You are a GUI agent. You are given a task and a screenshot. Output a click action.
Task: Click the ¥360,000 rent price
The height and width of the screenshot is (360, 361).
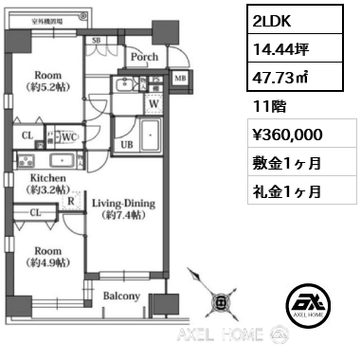pos(288,133)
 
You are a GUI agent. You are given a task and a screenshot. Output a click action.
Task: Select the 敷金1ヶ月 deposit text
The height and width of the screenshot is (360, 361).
pos(286,162)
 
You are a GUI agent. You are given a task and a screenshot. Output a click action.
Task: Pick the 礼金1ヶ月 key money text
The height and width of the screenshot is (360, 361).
pos(286,190)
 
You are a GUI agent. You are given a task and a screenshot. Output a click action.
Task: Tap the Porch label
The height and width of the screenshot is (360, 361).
pos(144,56)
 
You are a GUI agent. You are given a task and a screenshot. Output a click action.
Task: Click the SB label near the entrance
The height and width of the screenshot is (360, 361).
pos(97,42)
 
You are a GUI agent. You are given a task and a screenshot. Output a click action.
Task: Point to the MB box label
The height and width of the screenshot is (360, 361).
pos(180,79)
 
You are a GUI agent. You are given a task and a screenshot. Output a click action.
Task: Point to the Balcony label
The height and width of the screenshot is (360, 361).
pos(121,296)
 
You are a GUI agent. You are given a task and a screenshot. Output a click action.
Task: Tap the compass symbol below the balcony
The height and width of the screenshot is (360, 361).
pos(221,303)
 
